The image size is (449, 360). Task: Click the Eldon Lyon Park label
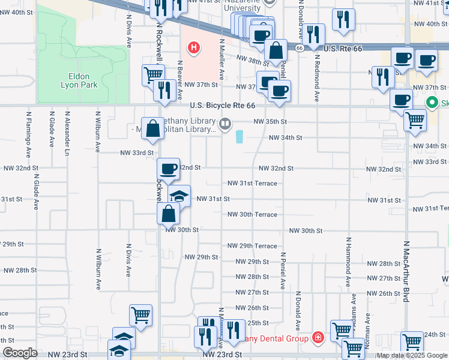tap(75, 80)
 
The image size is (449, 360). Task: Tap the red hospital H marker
tap(194, 47)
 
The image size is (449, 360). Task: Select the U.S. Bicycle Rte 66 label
tap(223, 106)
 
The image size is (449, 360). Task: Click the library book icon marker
tap(225, 124)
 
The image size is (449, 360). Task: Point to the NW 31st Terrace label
tap(252, 184)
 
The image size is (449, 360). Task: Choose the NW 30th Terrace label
tap(252, 215)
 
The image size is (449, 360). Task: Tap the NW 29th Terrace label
tap(252, 246)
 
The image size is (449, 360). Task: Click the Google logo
tap(19, 353)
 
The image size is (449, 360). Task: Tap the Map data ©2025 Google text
tap(412, 355)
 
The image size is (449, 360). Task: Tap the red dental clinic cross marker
tap(316, 338)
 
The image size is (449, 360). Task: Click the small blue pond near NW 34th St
tap(240, 137)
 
